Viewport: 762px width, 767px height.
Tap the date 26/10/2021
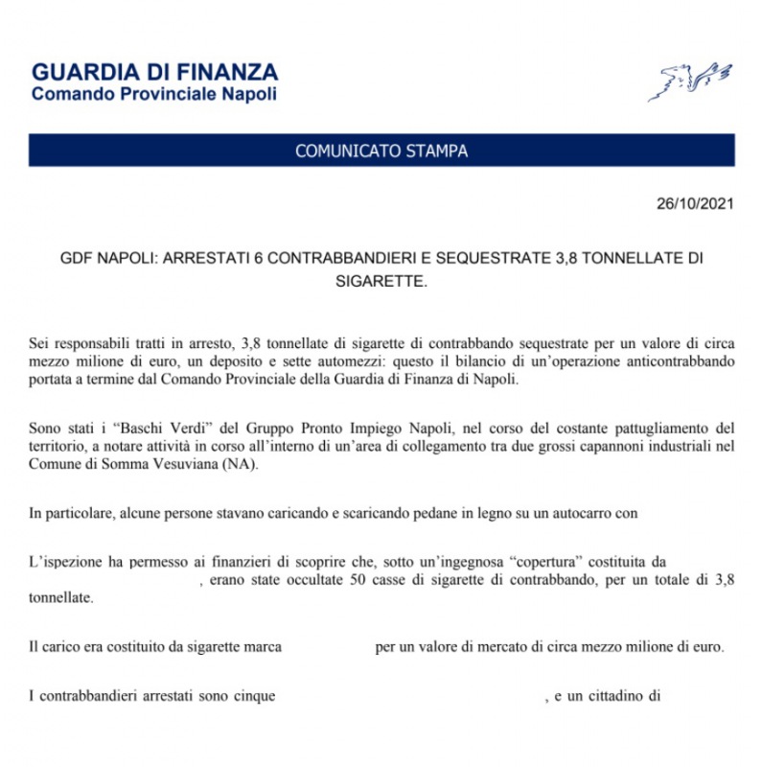point(696,204)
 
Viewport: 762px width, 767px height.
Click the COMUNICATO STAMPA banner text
point(381,151)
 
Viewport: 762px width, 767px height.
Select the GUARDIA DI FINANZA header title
point(154,72)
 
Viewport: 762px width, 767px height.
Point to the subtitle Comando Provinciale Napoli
point(153,94)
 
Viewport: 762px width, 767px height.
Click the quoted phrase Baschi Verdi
point(133,427)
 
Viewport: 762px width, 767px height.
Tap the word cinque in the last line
point(255,695)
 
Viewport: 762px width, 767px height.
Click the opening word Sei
point(39,342)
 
